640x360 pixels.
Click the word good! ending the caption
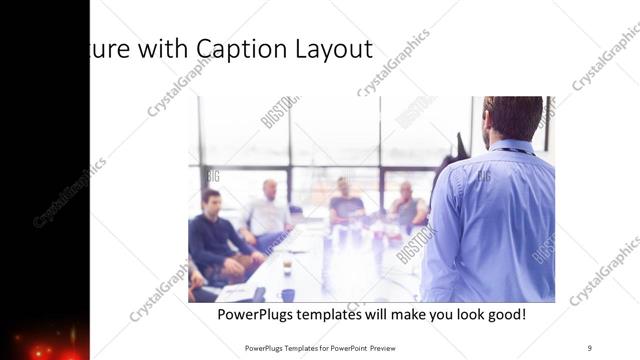click(504, 314)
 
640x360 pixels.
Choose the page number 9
click(590, 347)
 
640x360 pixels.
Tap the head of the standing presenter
click(512, 117)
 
